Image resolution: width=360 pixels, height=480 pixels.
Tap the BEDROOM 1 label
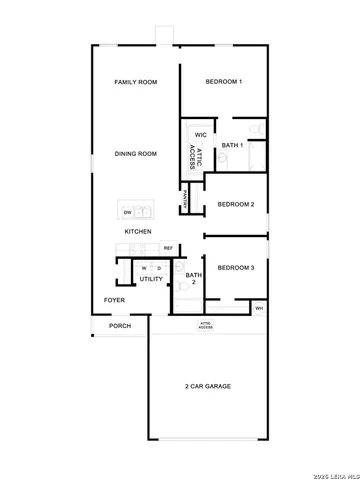[x=224, y=82]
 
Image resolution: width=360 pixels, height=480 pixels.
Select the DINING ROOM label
[x=135, y=154]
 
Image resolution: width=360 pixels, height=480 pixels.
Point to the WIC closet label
[x=201, y=134]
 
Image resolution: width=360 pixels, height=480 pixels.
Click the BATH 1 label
[x=233, y=147]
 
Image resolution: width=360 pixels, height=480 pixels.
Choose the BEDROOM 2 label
[x=236, y=204]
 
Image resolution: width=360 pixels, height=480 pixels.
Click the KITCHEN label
[x=138, y=232]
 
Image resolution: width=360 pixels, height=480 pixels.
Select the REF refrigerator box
[x=168, y=248]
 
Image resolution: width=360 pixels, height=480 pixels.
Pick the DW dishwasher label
[x=128, y=212]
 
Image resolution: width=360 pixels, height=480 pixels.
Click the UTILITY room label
[x=151, y=279]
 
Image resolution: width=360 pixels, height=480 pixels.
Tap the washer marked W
[x=145, y=268]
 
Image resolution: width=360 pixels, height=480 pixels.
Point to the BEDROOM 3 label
[x=236, y=267]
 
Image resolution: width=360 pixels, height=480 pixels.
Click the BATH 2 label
[x=191, y=278]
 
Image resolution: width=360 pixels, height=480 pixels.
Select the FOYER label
[x=115, y=300]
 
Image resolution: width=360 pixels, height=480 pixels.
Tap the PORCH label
[x=120, y=326]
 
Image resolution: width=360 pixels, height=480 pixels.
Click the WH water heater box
[x=259, y=308]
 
